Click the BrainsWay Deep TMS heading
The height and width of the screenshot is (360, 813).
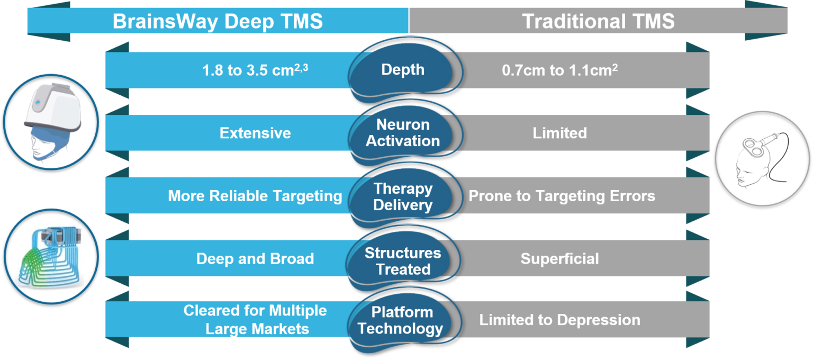218,21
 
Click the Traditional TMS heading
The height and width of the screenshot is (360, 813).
598,21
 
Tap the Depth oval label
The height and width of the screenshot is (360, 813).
403,70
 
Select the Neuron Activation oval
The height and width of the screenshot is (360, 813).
403,132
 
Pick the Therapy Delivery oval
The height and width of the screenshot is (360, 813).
403,196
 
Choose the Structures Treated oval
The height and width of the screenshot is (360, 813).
403,260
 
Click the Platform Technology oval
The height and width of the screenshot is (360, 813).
400,320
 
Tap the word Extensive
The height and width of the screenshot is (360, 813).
255,133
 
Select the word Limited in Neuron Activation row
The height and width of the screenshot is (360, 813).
559,133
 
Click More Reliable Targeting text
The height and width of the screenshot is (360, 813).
255,196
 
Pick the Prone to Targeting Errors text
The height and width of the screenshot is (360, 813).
562,196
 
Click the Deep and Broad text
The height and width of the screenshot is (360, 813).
255,259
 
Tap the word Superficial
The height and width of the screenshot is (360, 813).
559,259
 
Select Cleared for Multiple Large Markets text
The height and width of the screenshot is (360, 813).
255,319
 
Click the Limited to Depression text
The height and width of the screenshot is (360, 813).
559,320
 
